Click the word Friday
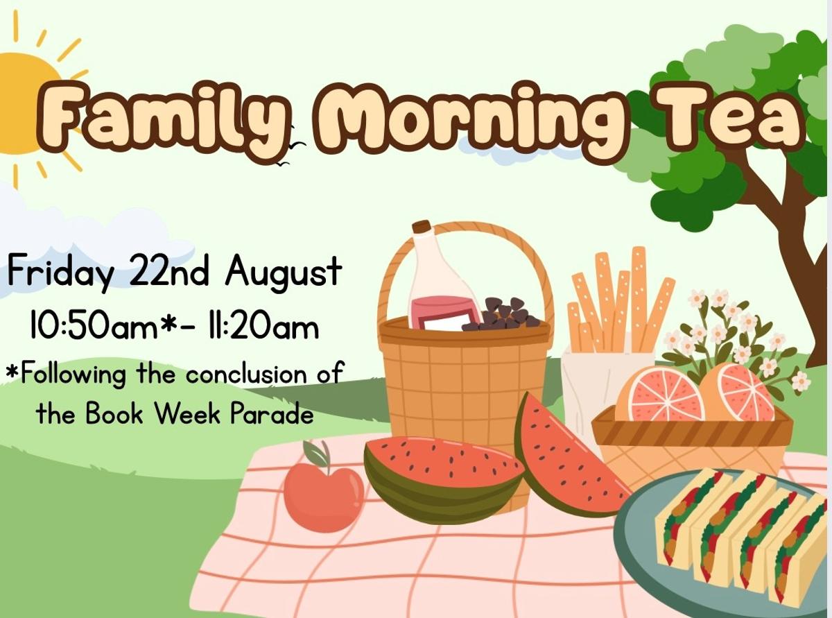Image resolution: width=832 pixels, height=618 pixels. point(61,271)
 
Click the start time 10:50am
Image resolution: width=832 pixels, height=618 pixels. point(94,325)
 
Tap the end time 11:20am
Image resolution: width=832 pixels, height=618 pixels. point(262,325)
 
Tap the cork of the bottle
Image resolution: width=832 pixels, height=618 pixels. point(422,227)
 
